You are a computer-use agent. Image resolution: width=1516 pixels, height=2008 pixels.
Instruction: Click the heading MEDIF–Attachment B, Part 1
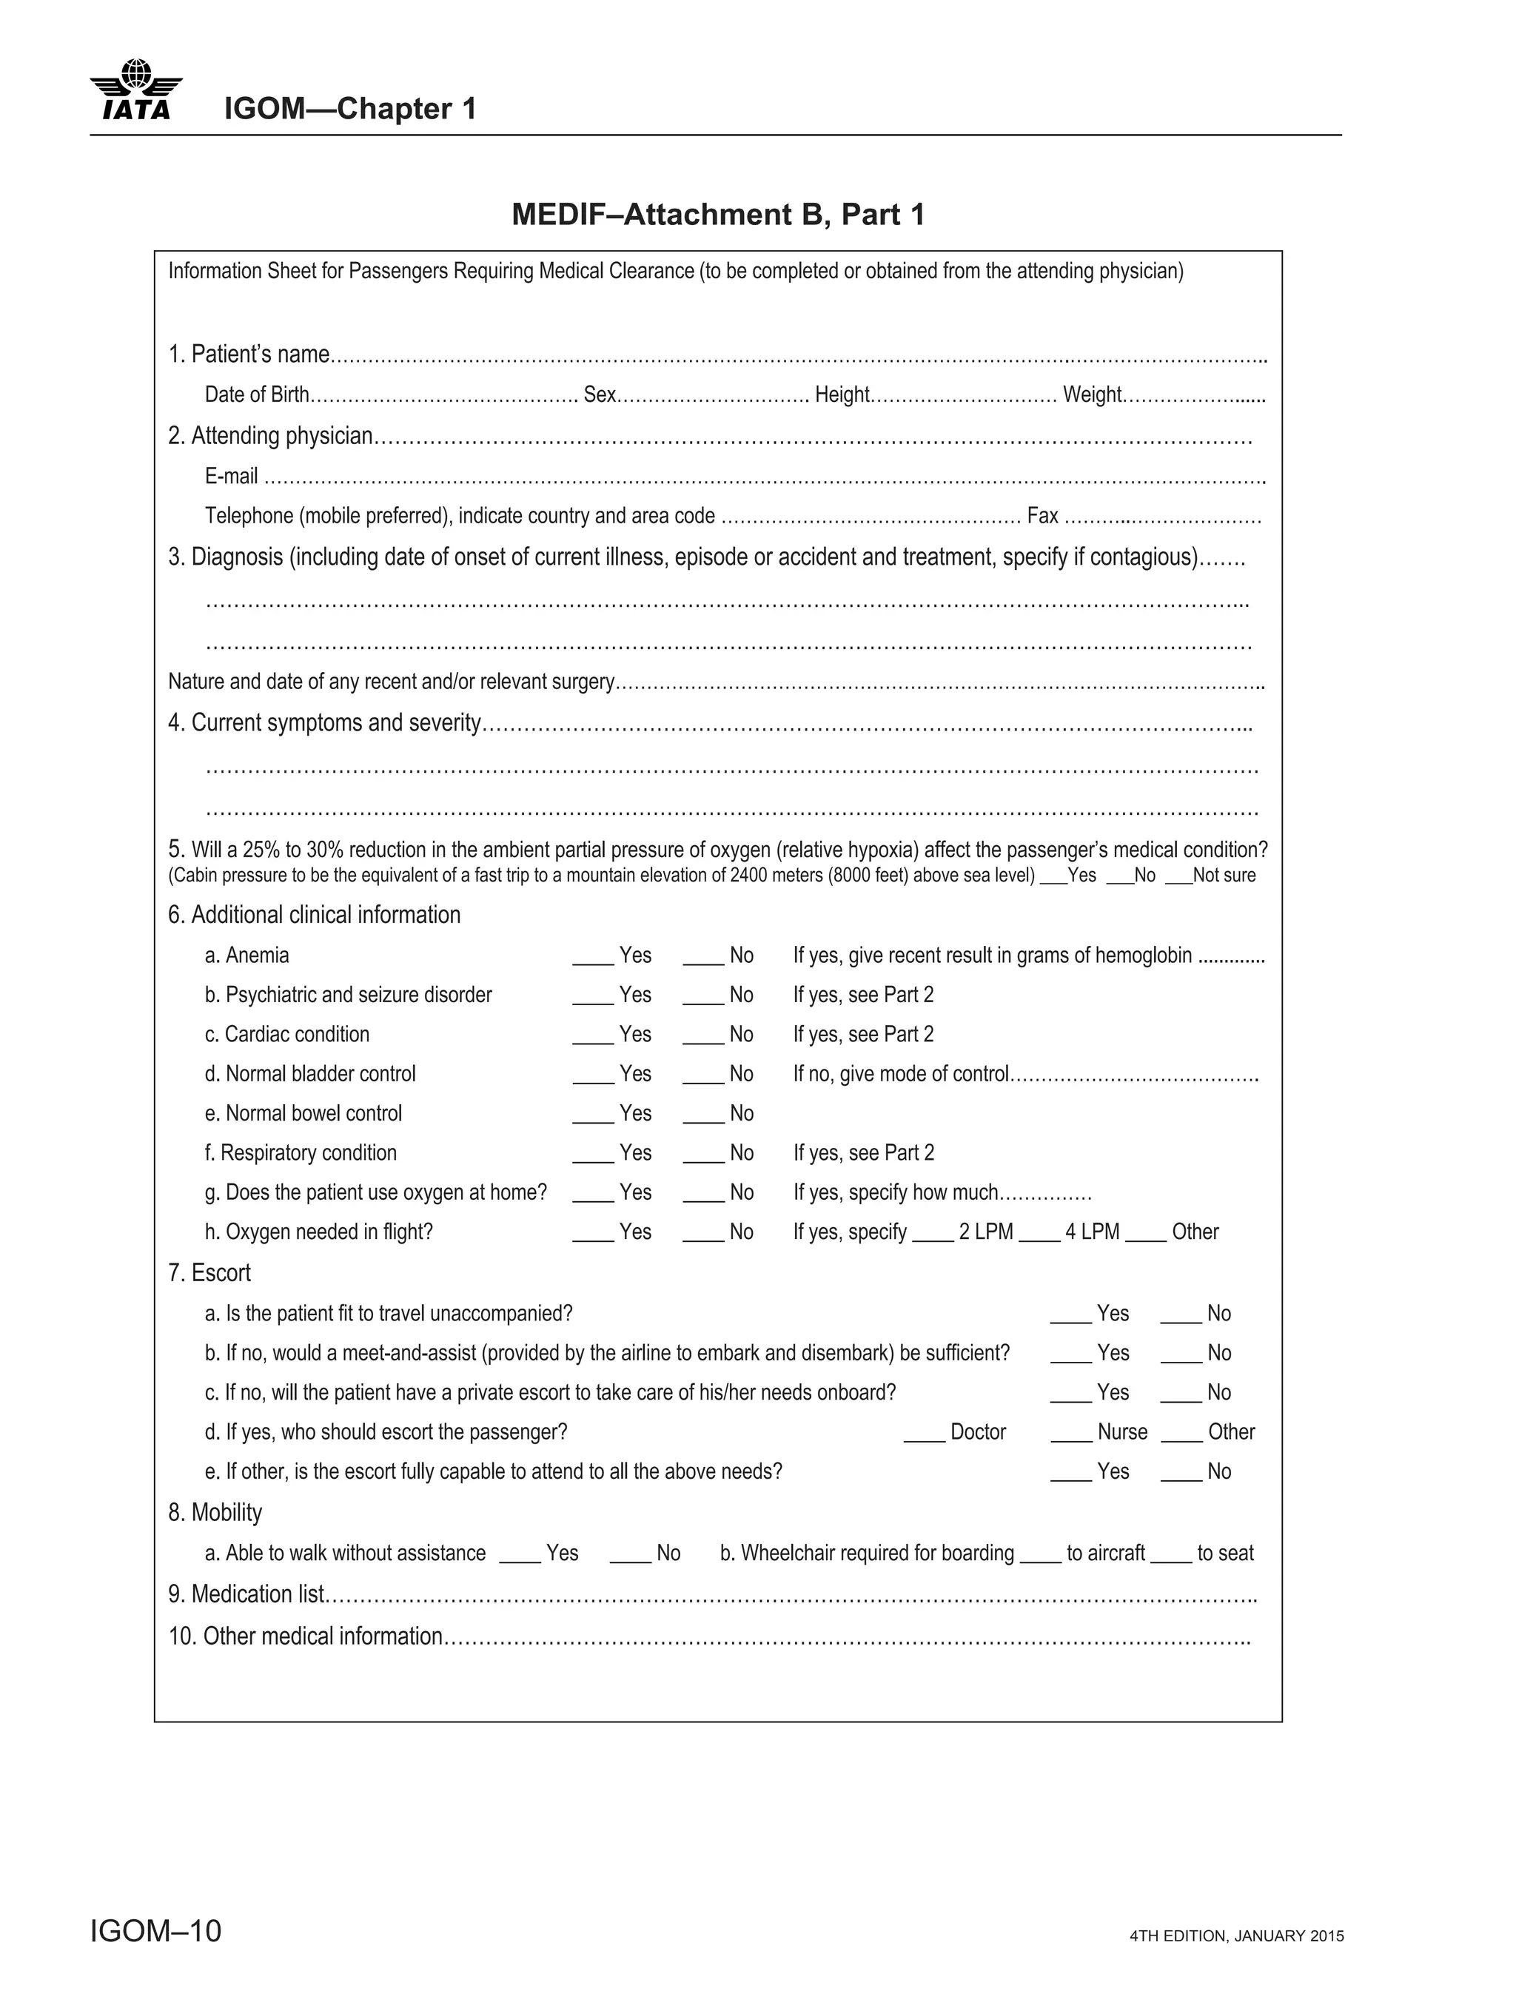718,214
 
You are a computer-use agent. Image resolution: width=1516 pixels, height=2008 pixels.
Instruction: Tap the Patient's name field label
248,354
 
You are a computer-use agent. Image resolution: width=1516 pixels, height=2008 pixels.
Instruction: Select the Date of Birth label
257,395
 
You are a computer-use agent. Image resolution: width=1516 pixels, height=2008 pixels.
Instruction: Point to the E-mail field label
230,477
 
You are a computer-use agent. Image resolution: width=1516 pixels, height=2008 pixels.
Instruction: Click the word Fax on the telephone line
1042,517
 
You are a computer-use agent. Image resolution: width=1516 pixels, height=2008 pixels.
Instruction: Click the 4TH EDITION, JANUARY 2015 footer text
1236,1936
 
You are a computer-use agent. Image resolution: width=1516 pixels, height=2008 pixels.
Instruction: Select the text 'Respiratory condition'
308,1153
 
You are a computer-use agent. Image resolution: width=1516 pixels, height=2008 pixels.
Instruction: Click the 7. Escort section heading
209,1273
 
